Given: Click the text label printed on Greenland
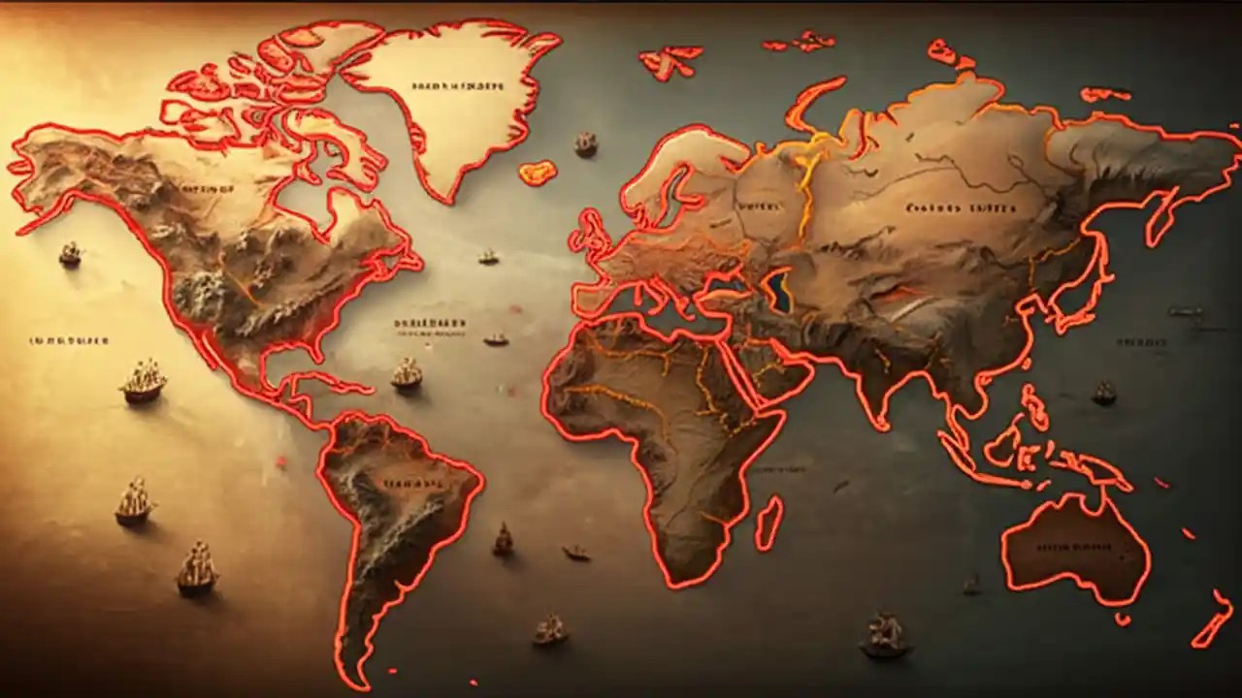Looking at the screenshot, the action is click(458, 86).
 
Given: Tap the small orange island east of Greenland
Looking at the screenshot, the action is click(537, 173).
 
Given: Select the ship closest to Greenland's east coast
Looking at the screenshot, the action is click(585, 144).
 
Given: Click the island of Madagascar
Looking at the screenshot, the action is click(768, 523).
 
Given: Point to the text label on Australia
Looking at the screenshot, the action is click(1071, 547).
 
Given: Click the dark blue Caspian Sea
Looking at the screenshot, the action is click(777, 291).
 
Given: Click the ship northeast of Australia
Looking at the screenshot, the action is click(1104, 393).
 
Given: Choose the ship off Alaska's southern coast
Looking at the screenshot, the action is click(70, 254).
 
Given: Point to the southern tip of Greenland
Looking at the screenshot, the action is click(445, 199).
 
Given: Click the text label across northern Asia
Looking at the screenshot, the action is click(961, 207).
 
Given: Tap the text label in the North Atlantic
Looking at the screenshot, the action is click(431, 323).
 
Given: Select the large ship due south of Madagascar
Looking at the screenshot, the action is click(884, 634).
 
